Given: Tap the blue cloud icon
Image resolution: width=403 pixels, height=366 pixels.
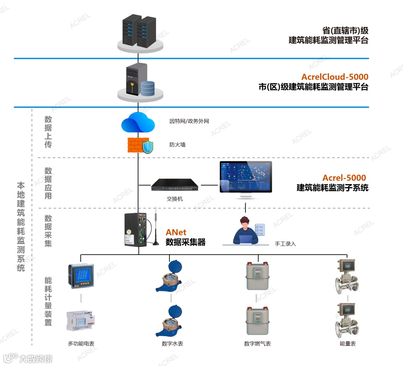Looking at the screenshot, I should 138,122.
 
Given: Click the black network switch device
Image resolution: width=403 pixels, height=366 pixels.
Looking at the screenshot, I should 175,185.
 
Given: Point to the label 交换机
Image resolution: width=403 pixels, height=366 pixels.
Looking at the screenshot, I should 175,199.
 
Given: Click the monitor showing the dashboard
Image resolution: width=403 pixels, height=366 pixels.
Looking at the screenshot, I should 246,178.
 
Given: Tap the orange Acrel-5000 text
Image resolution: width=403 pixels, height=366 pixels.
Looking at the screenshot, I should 344,178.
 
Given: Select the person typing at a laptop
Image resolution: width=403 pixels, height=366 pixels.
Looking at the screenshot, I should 245,230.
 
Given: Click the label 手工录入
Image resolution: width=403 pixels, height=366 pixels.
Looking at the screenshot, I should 285,244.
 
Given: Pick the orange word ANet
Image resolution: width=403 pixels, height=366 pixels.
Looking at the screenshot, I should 176,233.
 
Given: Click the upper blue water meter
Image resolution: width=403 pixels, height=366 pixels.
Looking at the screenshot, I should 171,276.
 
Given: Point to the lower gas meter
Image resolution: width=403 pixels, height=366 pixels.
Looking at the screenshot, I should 257,321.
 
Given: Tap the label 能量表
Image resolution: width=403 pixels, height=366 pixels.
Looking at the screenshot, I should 347,344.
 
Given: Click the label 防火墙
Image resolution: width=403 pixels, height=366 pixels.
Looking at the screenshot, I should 177,145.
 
